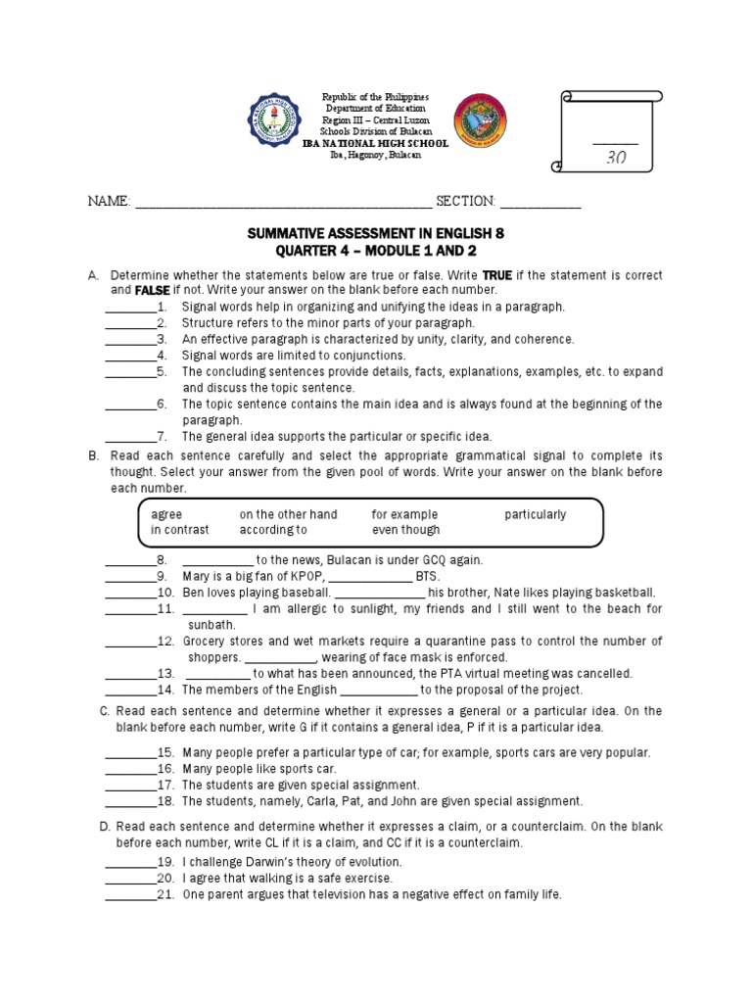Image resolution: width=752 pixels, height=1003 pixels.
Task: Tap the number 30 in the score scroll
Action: [616, 157]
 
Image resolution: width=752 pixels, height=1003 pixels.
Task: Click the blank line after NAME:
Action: [283, 204]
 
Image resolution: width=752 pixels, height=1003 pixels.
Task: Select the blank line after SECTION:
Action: [540, 204]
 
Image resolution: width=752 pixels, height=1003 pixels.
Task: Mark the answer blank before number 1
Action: [129, 307]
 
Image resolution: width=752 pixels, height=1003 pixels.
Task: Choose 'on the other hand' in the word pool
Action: [288, 514]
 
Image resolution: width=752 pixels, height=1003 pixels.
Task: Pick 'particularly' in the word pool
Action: [536, 514]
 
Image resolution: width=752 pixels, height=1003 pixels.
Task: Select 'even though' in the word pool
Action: [405, 530]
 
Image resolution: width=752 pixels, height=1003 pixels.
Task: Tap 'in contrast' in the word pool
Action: [179, 530]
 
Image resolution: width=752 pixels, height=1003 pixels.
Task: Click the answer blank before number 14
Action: [129, 690]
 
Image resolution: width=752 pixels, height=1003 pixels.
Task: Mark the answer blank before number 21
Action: [129, 895]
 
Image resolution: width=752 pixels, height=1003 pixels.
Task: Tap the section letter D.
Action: [105, 827]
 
